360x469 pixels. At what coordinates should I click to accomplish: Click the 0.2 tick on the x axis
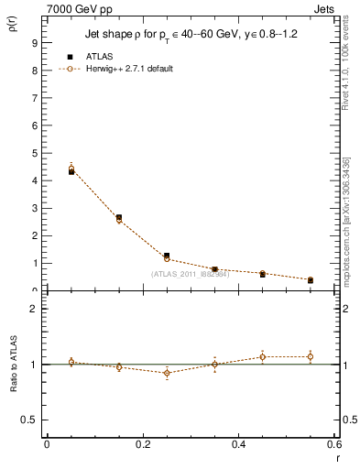coord(143,444)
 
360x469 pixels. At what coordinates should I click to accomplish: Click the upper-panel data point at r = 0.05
coord(71,169)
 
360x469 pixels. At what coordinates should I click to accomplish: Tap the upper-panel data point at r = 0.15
coord(119,219)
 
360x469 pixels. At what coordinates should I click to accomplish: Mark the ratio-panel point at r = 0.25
coord(167,373)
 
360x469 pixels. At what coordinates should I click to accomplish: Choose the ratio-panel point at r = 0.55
coord(311,356)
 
